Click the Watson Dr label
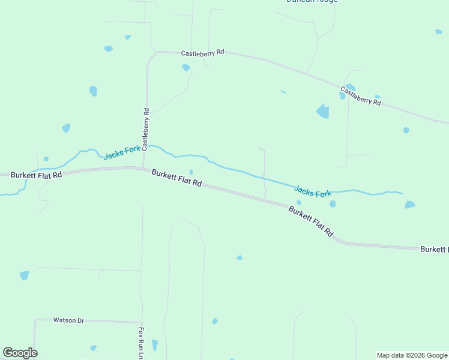68,320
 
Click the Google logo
20,353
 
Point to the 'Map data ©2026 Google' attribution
412,355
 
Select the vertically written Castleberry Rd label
146,129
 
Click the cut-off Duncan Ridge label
312,2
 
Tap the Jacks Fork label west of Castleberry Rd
122,152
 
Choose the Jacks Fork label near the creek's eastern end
313,192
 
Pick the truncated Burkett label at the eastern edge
433,249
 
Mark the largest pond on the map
323,111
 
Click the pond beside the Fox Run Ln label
154,344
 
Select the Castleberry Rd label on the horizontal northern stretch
202,53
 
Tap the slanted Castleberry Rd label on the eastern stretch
361,96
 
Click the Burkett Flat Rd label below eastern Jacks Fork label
310,221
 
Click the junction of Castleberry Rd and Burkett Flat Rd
143,168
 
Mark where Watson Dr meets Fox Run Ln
142,322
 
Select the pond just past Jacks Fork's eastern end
410,205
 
